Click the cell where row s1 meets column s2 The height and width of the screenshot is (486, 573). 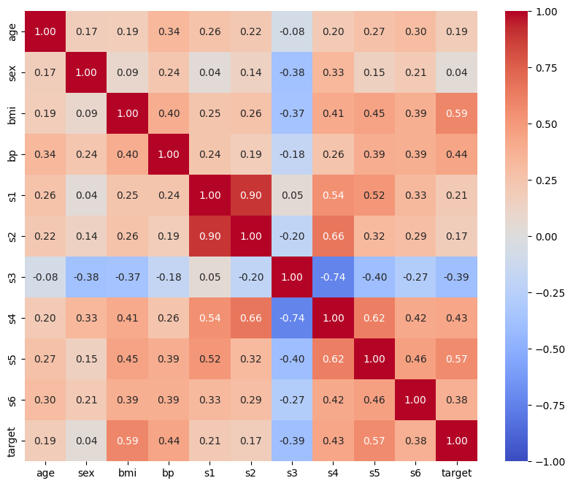click(250, 195)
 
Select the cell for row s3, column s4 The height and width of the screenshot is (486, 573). click(333, 277)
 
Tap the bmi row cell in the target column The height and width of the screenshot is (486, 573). click(456, 113)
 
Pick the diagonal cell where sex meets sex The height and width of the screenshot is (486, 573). click(86, 72)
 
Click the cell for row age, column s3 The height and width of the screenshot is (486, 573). click(292, 31)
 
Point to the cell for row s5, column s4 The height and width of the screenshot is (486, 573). click(333, 359)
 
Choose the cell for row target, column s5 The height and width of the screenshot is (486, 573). click(374, 441)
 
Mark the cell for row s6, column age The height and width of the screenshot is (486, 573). click(45, 400)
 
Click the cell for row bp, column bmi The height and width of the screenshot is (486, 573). click(128, 154)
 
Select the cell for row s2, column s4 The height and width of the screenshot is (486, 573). click(333, 236)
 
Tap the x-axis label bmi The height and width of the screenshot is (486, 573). click(127, 473)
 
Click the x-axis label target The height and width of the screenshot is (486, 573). click(456, 473)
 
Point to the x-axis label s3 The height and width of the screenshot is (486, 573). click(292, 473)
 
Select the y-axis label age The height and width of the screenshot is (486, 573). click(12, 32)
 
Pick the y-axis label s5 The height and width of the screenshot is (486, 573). click(12, 359)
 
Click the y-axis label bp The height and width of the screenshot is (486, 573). click(12, 154)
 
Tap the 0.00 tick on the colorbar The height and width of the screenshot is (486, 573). click(546, 237)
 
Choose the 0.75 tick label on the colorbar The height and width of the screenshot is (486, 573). click(546, 68)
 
